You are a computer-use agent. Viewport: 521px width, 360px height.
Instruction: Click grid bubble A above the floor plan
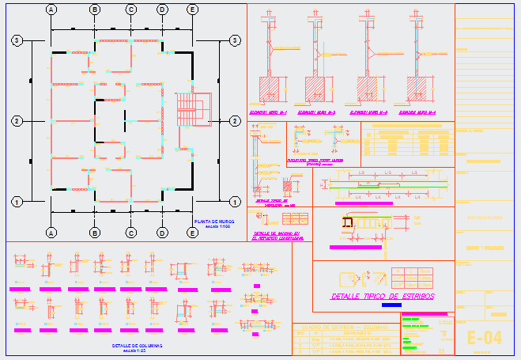(51, 9)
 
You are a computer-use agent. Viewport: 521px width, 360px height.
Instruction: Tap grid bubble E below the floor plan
(193, 233)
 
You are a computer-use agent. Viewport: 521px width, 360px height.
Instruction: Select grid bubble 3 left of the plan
(16, 40)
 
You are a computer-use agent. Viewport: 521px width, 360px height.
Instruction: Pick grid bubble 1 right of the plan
(234, 202)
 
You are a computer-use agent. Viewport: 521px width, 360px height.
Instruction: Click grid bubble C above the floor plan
(131, 9)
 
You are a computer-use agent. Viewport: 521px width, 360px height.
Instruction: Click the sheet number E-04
(485, 337)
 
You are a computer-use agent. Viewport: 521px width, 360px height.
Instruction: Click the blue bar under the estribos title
(391, 305)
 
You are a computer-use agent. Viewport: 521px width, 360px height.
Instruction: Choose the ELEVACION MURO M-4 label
(417, 112)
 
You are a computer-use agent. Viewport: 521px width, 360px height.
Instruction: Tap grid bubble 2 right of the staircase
(234, 121)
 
